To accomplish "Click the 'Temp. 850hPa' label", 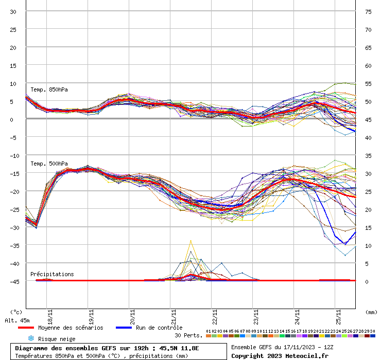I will pos(49,89).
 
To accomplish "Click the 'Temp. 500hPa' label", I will pos(49,164).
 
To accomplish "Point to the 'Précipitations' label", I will pos(51,274).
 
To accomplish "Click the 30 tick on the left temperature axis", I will pos(13,12).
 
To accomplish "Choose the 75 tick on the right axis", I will pos(369,12).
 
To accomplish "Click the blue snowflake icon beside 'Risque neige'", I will pos(31,338).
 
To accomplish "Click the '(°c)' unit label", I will pos(16,312).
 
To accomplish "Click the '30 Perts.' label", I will pos(187,335).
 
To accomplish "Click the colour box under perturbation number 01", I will pos(208,335).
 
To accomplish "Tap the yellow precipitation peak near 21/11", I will pos(190,241).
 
